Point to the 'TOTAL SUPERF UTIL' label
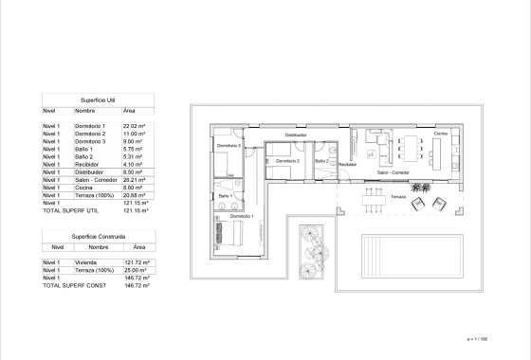tap(72, 209)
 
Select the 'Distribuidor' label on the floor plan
tap(295, 135)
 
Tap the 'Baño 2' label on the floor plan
tap(321, 161)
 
